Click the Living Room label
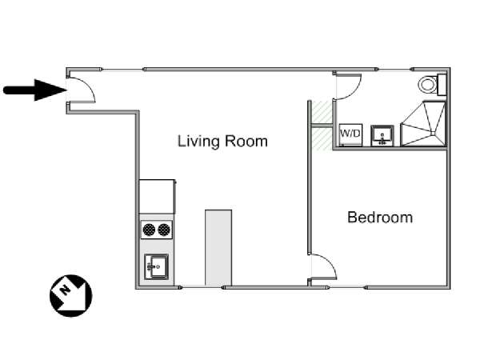pyautogui.click(x=222, y=142)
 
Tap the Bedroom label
pyautogui.click(x=380, y=218)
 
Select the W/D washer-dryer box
pyautogui.click(x=351, y=134)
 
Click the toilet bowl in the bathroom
pyautogui.click(x=428, y=85)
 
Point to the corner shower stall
pyautogui.click(x=423, y=124)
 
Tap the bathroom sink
pyautogui.click(x=382, y=135)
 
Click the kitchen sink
pyautogui.click(x=157, y=266)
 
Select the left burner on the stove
pyautogui.click(x=149, y=230)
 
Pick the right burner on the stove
pyautogui.click(x=164, y=230)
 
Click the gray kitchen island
pyautogui.click(x=218, y=248)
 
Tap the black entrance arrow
pyautogui.click(x=35, y=90)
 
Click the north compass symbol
pyautogui.click(x=70, y=296)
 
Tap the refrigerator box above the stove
pyautogui.click(x=157, y=197)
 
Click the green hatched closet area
pyautogui.click(x=322, y=125)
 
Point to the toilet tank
pyautogui.click(x=442, y=85)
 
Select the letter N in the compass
pyautogui.click(x=64, y=290)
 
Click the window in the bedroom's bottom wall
pyautogui.click(x=346, y=287)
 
